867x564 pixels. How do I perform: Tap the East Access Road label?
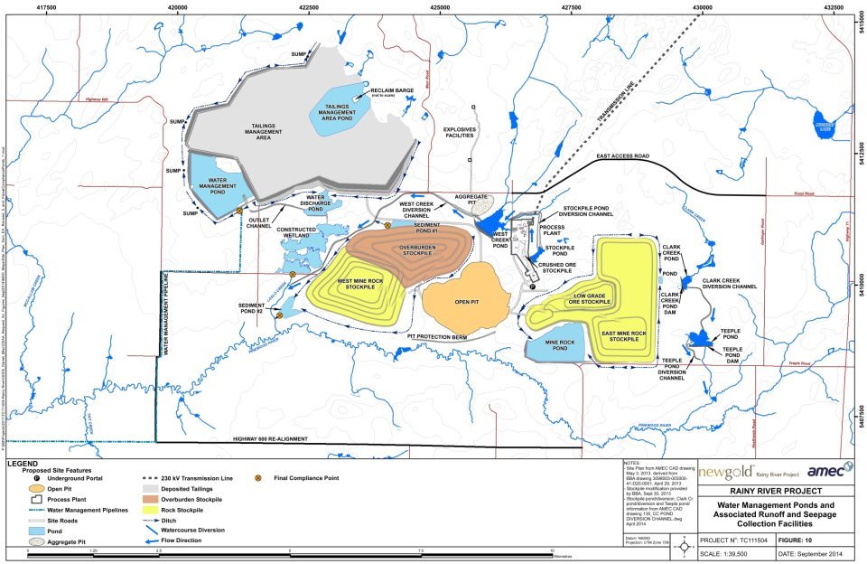[x=624, y=156]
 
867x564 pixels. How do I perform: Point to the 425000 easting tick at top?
[x=440, y=6]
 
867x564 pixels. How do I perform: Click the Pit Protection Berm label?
[x=443, y=336]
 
